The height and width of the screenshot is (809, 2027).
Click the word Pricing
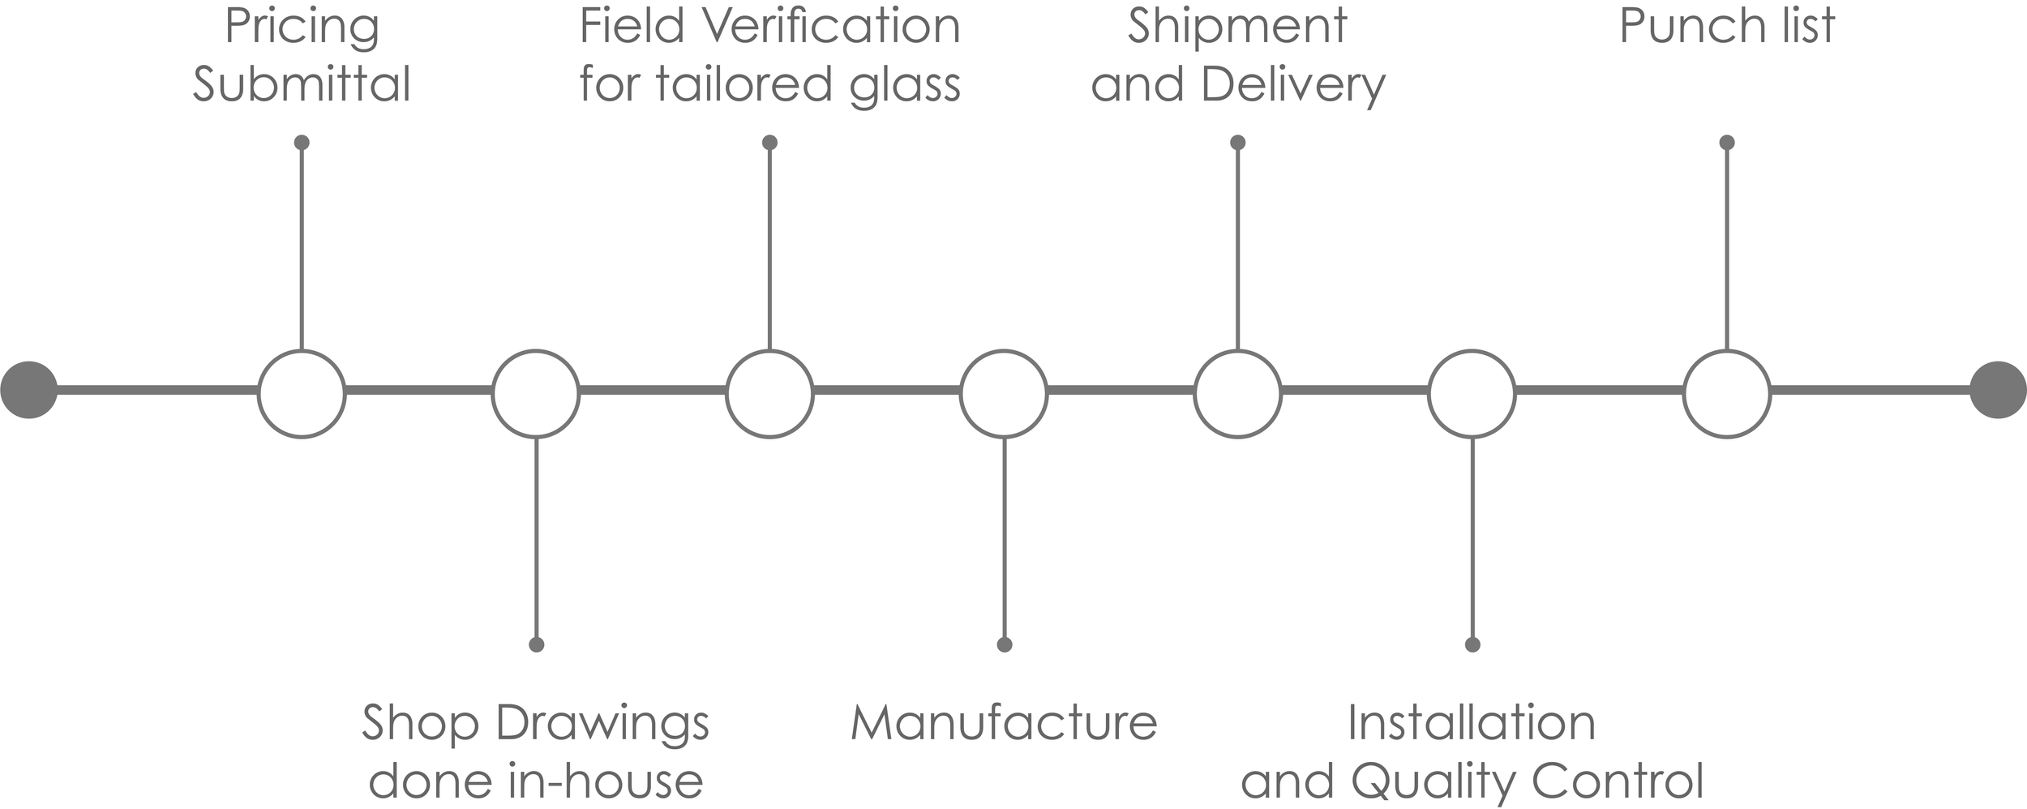(302, 28)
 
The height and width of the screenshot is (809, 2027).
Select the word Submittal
(302, 84)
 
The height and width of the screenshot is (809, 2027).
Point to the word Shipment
(1237, 28)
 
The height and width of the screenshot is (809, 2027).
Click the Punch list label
(1727, 28)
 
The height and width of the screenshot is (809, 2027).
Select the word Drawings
(602, 724)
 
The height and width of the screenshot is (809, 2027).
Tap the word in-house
(606, 781)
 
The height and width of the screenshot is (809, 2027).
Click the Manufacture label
(1004, 722)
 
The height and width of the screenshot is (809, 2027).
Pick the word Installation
(1472, 722)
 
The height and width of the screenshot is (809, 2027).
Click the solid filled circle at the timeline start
(29, 390)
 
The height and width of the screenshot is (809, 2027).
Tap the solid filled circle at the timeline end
(1998, 390)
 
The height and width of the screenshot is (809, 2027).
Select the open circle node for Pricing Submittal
(302, 394)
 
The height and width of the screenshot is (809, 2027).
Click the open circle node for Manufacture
(1004, 394)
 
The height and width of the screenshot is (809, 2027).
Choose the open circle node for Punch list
(1727, 394)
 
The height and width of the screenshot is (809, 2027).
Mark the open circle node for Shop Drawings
(536, 394)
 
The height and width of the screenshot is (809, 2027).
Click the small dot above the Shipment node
(1237, 143)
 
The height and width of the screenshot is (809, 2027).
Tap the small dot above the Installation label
(1472, 644)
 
